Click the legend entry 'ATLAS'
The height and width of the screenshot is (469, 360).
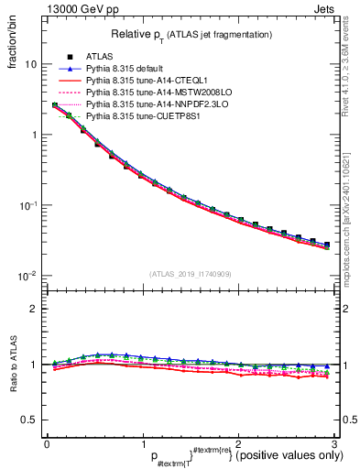(98, 57)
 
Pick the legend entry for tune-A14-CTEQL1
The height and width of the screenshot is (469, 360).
(144, 81)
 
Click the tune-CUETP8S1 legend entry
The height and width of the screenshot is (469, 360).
(142, 116)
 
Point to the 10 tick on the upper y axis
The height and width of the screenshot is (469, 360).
(29, 65)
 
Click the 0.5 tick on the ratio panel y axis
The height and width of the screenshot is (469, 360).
(29, 420)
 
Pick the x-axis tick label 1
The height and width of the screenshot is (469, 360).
(142, 444)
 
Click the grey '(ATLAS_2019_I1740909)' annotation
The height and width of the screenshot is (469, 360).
(190, 274)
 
